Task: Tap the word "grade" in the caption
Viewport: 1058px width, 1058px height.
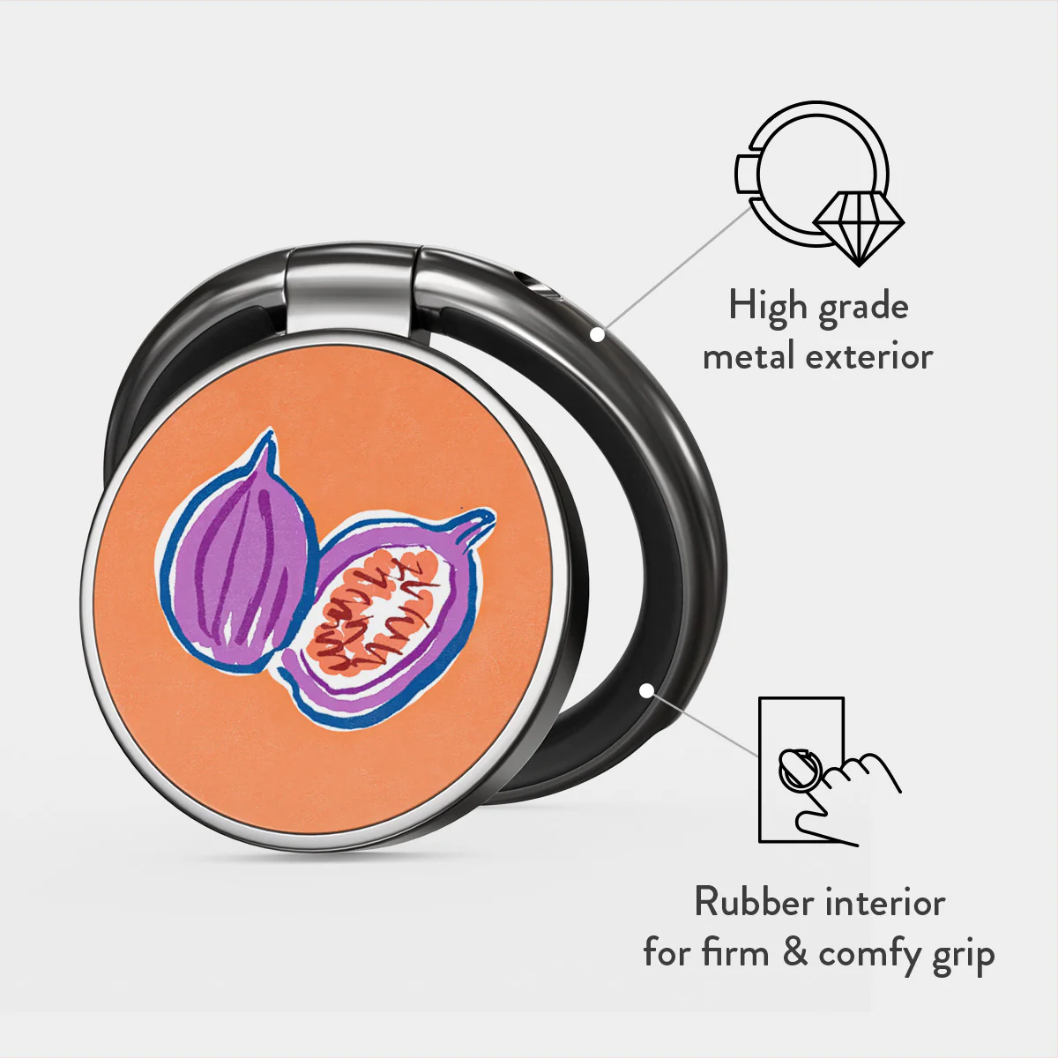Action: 864,309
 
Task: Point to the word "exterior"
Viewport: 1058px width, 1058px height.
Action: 869,357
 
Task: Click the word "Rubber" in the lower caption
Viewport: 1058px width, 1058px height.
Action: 749,901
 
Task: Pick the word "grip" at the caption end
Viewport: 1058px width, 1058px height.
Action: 963,957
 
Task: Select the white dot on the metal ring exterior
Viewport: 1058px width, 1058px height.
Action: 598,334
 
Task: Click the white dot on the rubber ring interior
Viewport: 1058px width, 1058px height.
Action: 647,690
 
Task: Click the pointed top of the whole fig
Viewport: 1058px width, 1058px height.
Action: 269,433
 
